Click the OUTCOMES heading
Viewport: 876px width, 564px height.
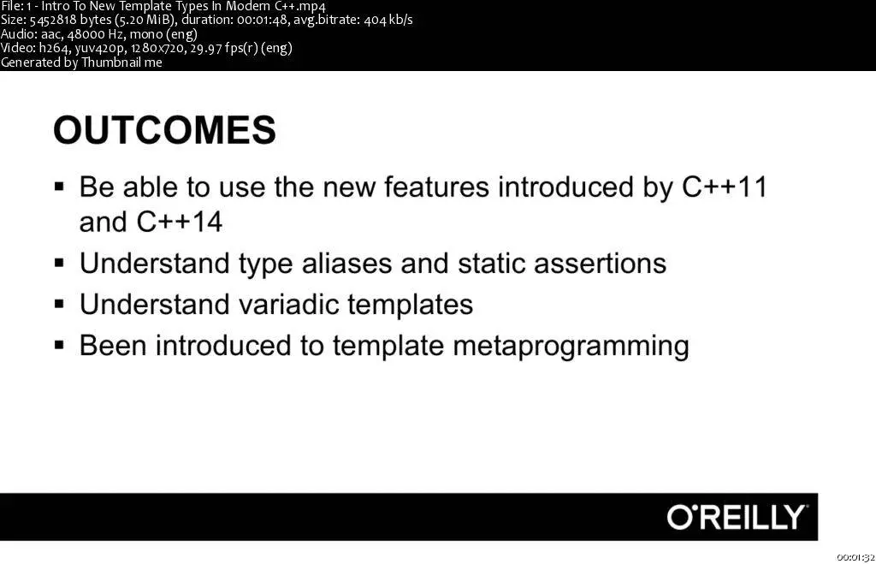pyautogui.click(x=164, y=130)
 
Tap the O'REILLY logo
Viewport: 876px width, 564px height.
pyautogui.click(x=737, y=517)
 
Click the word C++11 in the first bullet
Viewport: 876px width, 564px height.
pyautogui.click(x=725, y=187)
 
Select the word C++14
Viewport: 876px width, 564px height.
pyautogui.click(x=179, y=222)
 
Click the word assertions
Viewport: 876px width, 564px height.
pyautogui.click(x=600, y=264)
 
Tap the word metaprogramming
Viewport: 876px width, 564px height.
pyautogui.click(x=571, y=347)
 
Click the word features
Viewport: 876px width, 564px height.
pyautogui.click(x=436, y=187)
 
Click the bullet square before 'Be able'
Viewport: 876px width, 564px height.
pyautogui.click(x=59, y=186)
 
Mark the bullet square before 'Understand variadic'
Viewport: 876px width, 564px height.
pyautogui.click(x=59, y=304)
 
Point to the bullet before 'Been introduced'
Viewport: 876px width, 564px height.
pyautogui.click(x=59, y=345)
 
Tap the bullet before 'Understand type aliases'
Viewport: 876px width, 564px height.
pyautogui.click(x=59, y=263)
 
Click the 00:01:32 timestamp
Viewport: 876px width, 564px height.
pyautogui.click(x=855, y=557)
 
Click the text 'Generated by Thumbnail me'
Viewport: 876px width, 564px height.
pyautogui.click(x=81, y=62)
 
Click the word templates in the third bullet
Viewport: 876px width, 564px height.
pyautogui.click(x=410, y=305)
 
